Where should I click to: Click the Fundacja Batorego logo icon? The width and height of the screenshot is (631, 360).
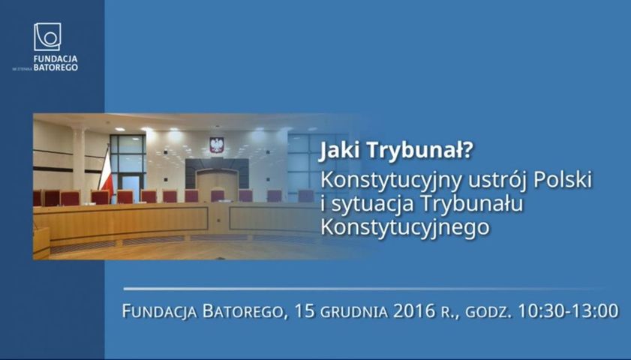coord(47,37)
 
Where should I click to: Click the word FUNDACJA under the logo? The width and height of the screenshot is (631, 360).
coord(56,59)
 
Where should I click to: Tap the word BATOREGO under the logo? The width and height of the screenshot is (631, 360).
coord(56,67)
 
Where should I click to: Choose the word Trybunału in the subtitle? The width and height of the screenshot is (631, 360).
coord(472,203)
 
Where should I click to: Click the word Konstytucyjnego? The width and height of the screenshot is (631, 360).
coord(405,227)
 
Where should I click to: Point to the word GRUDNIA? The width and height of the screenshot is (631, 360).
coord(354,312)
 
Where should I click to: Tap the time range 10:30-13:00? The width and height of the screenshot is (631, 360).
coord(568,311)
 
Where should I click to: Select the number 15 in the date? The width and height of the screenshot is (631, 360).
coord(305,311)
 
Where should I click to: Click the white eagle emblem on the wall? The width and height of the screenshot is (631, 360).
coord(217,145)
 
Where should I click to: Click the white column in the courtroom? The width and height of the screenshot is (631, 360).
coord(80,159)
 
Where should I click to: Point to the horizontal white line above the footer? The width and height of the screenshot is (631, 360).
coord(364,289)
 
